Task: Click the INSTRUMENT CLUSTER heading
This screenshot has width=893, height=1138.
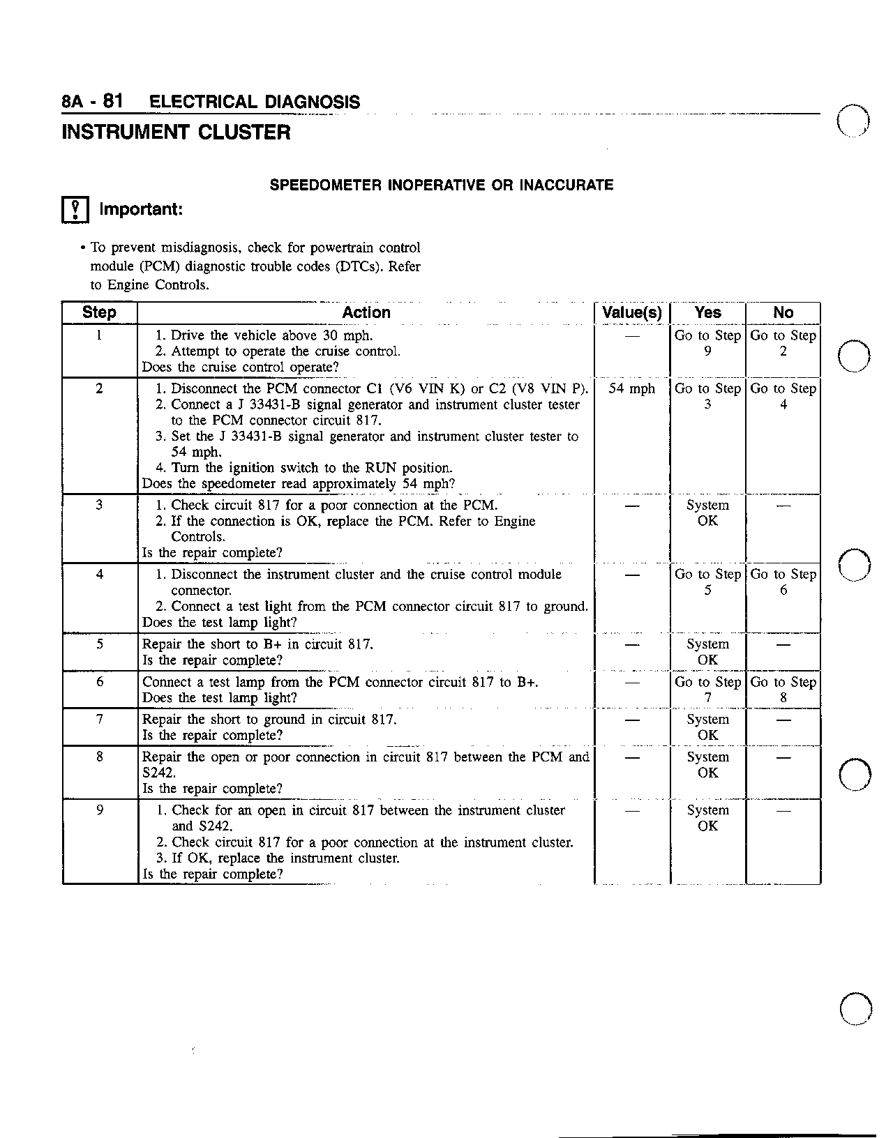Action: [176, 132]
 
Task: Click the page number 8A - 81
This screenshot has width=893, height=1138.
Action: [93, 102]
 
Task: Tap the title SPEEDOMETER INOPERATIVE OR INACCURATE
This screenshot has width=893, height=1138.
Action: [442, 185]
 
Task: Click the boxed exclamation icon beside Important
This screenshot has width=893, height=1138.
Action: [75, 210]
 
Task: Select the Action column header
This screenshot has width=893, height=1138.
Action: [366, 313]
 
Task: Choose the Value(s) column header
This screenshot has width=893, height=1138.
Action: [631, 313]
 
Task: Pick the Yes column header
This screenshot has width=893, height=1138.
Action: [707, 313]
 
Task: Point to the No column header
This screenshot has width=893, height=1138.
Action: [783, 313]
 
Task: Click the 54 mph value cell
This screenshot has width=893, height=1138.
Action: [631, 389]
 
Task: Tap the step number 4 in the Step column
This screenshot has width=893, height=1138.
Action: [100, 575]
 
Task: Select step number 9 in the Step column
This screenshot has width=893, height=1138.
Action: [100, 810]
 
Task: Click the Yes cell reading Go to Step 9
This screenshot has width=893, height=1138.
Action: [707, 343]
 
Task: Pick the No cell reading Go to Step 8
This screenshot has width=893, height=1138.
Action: [783, 690]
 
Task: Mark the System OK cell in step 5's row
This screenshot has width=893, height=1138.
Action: [707, 652]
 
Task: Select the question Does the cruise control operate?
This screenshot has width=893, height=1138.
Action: [240, 367]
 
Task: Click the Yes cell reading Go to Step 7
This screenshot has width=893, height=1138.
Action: [707, 690]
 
